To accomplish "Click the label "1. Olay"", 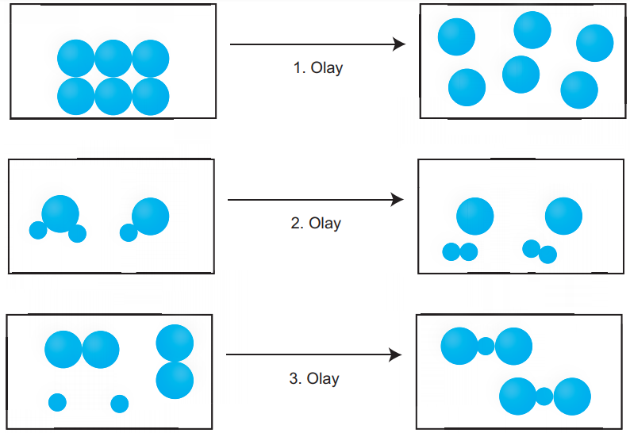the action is (x=318, y=68).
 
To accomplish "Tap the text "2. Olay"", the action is (x=316, y=223).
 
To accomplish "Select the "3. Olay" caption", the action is (x=314, y=378).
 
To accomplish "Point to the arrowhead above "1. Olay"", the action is (x=398, y=44).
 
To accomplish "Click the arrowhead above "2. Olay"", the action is (x=397, y=200).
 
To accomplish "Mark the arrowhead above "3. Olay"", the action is (x=395, y=354).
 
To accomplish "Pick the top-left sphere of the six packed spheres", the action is (x=76, y=58).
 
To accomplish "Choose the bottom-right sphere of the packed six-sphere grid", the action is (x=151, y=97).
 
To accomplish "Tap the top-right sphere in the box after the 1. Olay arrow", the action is (x=594, y=43).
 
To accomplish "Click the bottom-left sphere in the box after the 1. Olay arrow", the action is (x=467, y=87).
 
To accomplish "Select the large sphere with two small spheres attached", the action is (x=60, y=213).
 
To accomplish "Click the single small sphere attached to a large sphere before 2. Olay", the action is (x=129, y=232).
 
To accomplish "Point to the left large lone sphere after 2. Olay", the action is (x=475, y=216).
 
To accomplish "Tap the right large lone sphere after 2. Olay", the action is (x=563, y=216).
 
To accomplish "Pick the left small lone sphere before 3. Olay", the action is (x=57, y=403).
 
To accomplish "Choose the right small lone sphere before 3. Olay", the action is (x=119, y=404).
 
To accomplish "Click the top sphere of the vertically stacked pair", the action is (x=175, y=343).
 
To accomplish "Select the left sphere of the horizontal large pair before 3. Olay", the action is (x=63, y=350).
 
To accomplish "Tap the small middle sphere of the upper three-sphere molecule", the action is (x=486, y=347).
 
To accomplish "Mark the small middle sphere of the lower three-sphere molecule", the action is (x=544, y=397).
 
